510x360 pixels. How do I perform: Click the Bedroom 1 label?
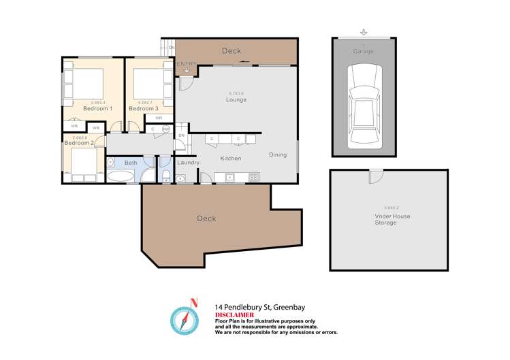(97, 108)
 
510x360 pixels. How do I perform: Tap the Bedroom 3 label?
(144, 108)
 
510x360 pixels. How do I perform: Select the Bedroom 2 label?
(79, 143)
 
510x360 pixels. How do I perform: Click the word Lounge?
(236, 100)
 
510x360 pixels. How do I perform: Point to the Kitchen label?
(231, 159)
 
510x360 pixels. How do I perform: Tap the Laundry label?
(188, 163)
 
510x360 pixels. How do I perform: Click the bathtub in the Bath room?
(122, 177)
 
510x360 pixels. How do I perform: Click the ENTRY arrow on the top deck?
(187, 69)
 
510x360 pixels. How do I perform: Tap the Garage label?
(362, 52)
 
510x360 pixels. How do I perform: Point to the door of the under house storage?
(373, 176)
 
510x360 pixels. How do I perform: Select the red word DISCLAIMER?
(235, 315)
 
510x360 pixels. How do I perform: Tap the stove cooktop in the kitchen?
(253, 178)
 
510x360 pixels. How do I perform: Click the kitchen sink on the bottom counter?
(230, 178)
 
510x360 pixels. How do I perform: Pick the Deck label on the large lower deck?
(206, 218)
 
